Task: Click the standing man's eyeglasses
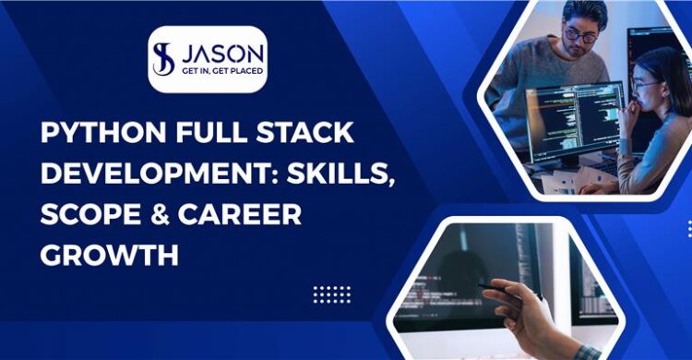(581, 36)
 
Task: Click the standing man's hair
(585, 13)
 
